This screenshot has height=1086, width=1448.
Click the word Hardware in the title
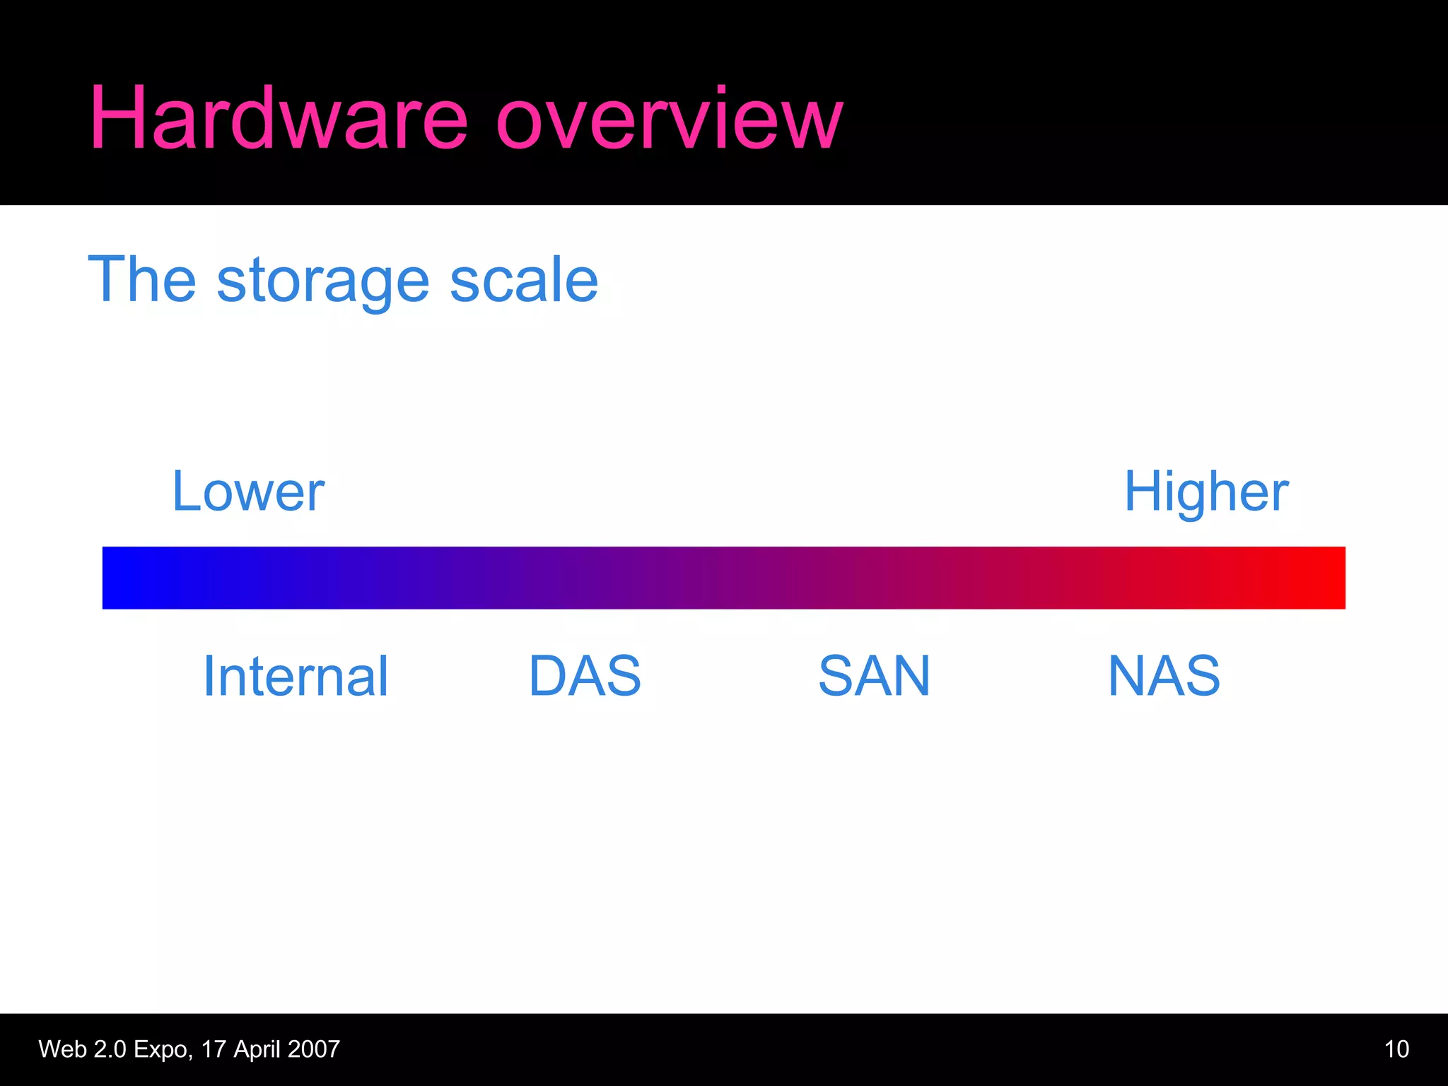coord(278,118)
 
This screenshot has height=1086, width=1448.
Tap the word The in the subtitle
coord(141,280)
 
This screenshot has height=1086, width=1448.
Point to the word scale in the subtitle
coord(524,280)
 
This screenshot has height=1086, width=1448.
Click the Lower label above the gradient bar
coord(248,491)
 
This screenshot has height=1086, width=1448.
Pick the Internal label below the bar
coord(296,676)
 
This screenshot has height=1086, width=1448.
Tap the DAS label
coord(585,676)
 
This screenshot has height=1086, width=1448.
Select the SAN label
coord(874,676)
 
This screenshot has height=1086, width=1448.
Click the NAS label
coord(1164,676)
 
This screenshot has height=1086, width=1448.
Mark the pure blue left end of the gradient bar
coord(120,578)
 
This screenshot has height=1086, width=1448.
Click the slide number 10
coord(1396,1049)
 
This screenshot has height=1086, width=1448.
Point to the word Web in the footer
coord(62,1049)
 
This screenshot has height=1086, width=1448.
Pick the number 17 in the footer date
coord(213,1049)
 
